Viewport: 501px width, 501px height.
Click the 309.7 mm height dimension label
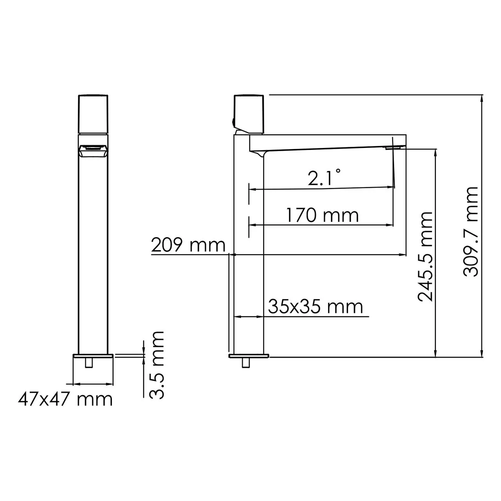pyautogui.click(x=470, y=232)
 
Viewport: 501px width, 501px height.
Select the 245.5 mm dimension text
pyautogui.click(x=426, y=256)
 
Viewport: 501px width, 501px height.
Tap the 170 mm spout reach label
pyautogui.click(x=322, y=215)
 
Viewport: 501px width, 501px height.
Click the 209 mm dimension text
pyautogui.click(x=188, y=245)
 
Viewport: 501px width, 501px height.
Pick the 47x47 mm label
pyautogui.click(x=65, y=399)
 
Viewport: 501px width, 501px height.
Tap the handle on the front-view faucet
pyautogui.click(x=94, y=114)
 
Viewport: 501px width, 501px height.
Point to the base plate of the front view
pyautogui.click(x=93, y=356)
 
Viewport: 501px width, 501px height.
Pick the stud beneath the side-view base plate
pyautogui.click(x=246, y=363)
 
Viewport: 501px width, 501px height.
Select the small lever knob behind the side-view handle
pyautogui.click(x=233, y=123)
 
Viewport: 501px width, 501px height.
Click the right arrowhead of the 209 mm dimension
pyautogui.click(x=404, y=255)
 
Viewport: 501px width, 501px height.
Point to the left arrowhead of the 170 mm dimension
pyautogui.click(x=252, y=225)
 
